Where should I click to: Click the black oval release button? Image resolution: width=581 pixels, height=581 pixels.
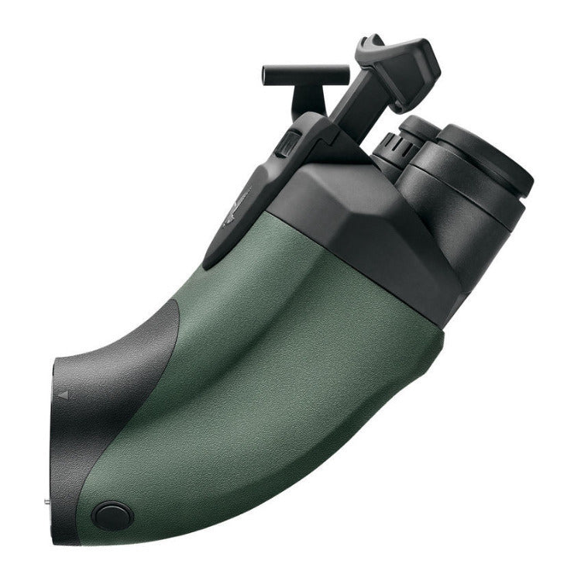point(113,515)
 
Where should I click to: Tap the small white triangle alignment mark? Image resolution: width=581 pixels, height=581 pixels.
point(64,394)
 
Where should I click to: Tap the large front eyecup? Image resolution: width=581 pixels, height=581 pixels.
point(488,163)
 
